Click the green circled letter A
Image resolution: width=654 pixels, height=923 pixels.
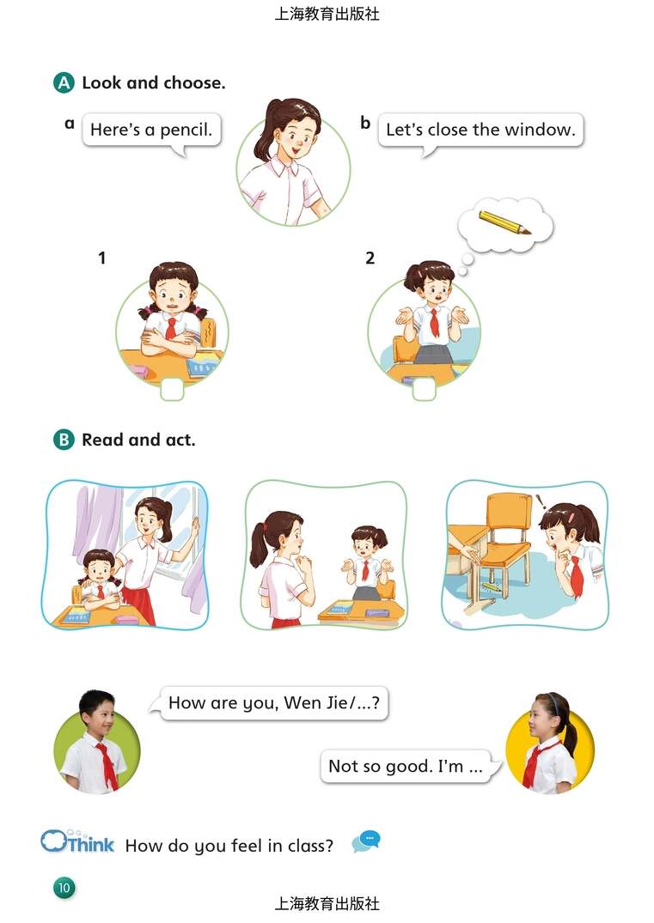point(64,83)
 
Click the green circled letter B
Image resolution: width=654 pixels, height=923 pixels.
point(64,440)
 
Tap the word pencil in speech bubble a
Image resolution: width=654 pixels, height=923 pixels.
point(186,131)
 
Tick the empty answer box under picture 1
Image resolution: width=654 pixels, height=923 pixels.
point(172,389)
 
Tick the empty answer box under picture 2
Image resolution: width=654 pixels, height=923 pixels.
point(425,389)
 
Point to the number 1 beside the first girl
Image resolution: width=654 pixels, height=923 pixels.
point(102,258)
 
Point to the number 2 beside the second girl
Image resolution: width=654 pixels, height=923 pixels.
point(370,258)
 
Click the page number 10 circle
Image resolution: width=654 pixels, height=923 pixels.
point(64,888)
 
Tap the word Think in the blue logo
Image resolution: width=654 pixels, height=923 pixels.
point(91,845)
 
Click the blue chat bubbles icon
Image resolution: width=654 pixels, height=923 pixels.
point(366,841)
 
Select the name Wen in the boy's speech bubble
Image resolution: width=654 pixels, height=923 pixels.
point(302,702)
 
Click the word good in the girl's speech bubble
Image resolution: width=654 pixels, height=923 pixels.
point(412,766)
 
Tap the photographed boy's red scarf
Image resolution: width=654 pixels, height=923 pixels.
point(107,763)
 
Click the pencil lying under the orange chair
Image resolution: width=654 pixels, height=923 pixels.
point(491,587)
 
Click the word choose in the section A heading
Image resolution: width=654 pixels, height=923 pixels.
point(194,83)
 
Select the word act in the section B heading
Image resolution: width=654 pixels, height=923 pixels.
point(180,440)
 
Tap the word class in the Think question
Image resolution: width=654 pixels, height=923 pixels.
point(310,846)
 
